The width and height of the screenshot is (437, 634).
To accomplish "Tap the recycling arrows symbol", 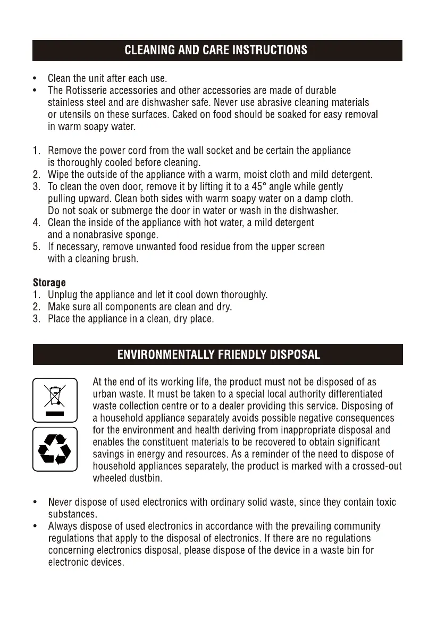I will pos(55,449).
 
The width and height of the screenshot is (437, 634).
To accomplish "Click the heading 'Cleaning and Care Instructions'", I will pos(216,51).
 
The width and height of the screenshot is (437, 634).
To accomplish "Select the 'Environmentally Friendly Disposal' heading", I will pos(218,355).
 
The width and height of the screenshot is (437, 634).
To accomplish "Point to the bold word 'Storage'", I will pos(49,282).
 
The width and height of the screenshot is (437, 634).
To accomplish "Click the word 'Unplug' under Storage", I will pos(63,294).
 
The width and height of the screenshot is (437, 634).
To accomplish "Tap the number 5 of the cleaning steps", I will pos(36,247).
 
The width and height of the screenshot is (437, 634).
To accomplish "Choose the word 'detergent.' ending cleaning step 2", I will pos(351,175).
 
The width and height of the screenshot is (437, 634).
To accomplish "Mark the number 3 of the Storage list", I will pos(36,319).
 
